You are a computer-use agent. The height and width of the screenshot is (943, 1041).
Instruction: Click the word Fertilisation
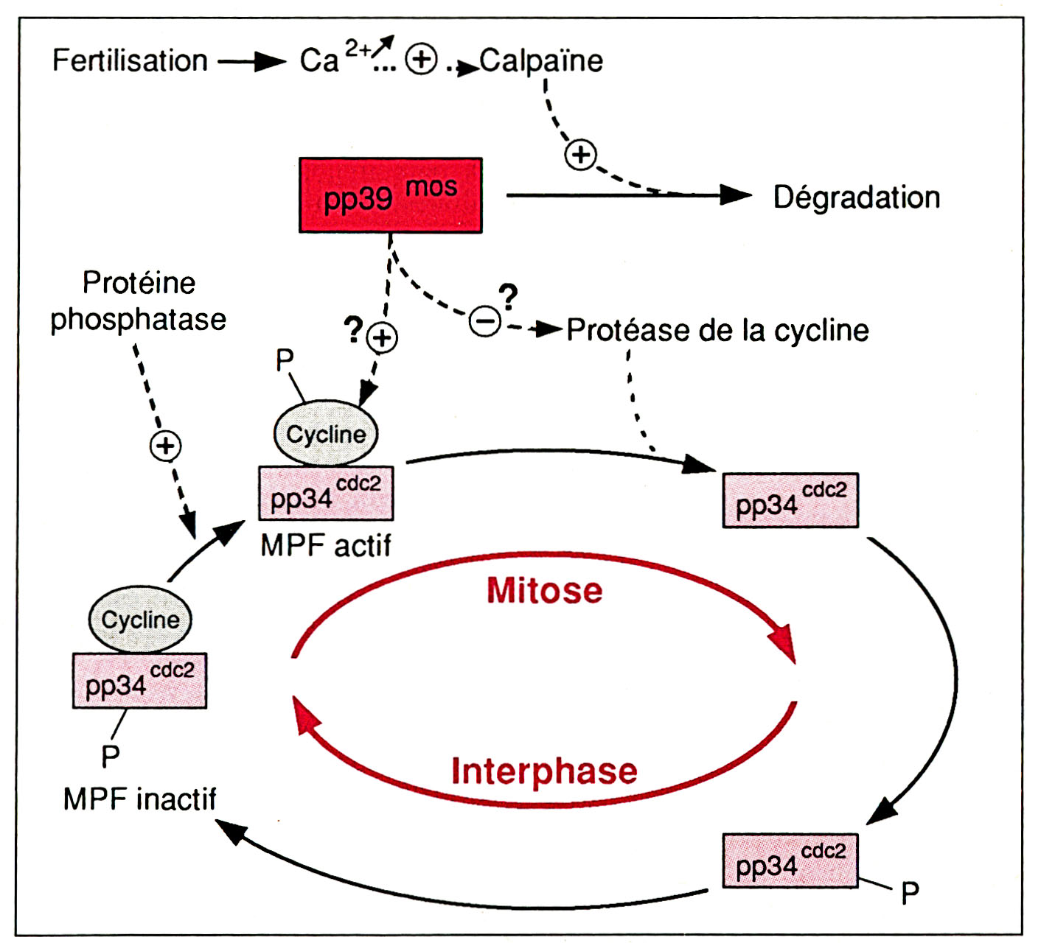point(130,60)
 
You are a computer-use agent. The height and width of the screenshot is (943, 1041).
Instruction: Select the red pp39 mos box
point(390,195)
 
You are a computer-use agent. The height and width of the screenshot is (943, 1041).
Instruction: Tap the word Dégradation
point(856,197)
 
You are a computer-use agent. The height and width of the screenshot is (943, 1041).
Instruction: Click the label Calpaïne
point(541,60)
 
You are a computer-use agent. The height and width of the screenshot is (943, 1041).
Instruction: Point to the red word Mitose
point(544,591)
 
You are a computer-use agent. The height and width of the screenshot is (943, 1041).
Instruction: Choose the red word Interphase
point(544,771)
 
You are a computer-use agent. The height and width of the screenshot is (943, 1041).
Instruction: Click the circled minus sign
point(485,321)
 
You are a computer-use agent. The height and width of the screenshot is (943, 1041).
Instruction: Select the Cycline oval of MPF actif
point(325,433)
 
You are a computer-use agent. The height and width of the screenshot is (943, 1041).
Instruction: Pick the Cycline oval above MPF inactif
point(140,620)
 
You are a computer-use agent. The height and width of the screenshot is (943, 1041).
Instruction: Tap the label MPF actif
point(325,546)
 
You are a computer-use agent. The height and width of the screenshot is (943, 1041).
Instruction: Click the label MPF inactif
point(139,799)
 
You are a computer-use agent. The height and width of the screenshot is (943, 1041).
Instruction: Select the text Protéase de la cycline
point(717,330)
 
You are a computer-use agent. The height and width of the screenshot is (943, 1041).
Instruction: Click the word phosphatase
point(138,320)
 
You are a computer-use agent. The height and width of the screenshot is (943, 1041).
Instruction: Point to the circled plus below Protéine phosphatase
point(166,446)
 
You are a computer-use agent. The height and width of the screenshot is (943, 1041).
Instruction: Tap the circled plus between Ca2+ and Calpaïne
point(422,60)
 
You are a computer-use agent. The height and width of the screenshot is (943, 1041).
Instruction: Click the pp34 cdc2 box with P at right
point(790,860)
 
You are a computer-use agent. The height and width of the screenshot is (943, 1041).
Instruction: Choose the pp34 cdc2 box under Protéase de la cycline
point(790,500)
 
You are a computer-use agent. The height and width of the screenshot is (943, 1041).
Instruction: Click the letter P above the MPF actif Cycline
point(285,360)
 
